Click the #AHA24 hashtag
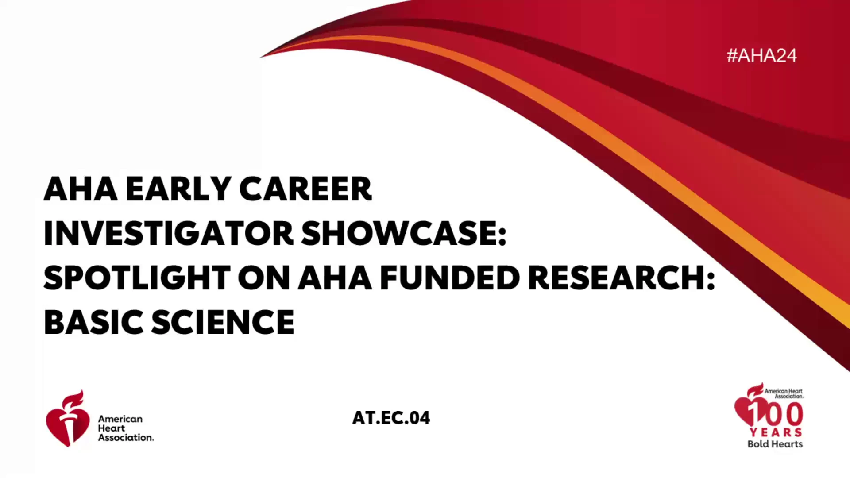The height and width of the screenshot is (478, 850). tap(761, 55)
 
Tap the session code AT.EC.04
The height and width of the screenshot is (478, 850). tap(391, 418)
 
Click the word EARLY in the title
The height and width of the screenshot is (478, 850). tap(178, 189)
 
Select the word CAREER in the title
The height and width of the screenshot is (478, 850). tap(305, 189)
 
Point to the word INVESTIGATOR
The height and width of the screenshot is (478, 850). tap(169, 233)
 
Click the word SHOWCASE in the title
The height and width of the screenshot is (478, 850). tap(404, 233)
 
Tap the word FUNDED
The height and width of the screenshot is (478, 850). tap(450, 278)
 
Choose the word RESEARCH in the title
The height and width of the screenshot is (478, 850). tap(621, 278)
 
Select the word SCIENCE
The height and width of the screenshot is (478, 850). tap(223, 322)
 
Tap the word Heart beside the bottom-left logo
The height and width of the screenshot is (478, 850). tap(112, 428)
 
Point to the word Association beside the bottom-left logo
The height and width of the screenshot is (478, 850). tap(126, 437)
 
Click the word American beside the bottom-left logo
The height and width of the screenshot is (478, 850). tap(120, 419)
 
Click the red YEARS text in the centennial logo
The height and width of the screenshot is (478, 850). tap(776, 432)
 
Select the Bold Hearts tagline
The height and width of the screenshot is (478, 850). tap(775, 444)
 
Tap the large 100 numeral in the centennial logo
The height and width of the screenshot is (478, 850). tap(776, 413)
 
